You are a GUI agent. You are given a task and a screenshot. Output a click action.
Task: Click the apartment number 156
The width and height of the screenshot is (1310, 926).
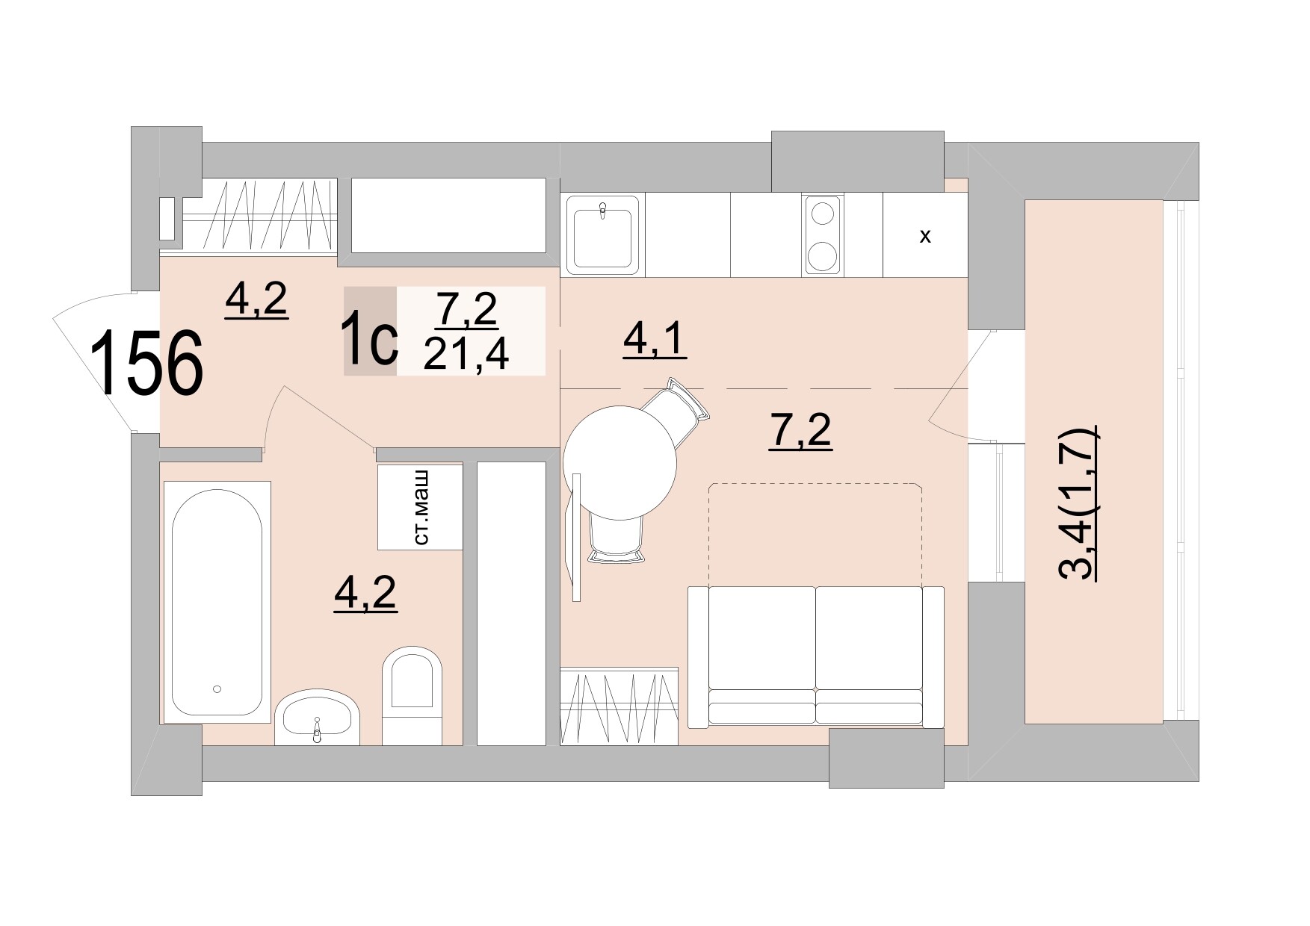(147, 364)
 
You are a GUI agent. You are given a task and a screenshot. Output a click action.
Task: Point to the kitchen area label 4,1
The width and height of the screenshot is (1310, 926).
(654, 341)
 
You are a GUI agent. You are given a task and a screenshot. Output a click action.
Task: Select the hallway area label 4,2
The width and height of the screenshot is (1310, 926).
(256, 300)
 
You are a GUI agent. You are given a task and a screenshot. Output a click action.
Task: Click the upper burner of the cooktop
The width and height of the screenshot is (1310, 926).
(823, 214)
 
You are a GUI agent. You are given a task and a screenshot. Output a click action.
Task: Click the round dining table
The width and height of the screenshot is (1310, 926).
(620, 462)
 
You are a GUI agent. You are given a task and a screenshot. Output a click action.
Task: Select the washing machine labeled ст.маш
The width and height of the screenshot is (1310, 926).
(420, 507)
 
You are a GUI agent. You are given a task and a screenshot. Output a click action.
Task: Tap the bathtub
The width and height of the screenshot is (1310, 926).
(217, 602)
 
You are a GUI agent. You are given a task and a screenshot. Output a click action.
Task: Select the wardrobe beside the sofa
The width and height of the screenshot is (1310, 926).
(619, 706)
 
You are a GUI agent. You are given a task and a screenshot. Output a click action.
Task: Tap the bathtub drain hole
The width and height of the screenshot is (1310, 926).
(217, 689)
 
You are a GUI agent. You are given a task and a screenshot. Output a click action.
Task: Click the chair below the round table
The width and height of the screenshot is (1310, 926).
(616, 536)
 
